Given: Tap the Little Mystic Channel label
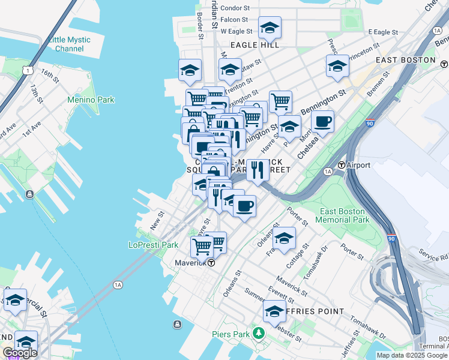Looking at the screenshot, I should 70,44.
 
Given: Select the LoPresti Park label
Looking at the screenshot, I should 153,245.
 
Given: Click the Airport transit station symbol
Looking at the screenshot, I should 342,165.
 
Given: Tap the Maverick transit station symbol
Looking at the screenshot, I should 211,263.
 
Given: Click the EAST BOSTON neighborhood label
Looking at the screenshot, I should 405,60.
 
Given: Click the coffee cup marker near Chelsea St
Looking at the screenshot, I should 322,122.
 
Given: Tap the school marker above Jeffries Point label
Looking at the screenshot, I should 274,311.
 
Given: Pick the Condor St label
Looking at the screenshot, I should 235,8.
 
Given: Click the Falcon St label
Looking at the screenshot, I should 235,19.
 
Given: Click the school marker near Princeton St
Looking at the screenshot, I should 337,66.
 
